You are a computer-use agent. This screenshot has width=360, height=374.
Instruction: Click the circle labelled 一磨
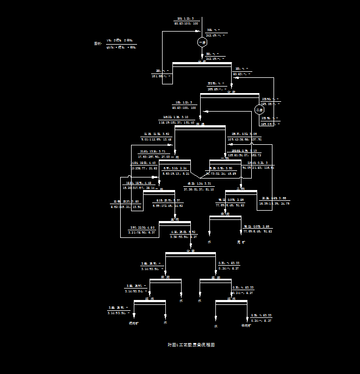(x=202, y=42)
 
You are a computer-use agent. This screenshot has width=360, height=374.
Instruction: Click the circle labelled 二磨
(x=260, y=109)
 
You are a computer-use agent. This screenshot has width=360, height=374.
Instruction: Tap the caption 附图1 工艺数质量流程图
(x=191, y=345)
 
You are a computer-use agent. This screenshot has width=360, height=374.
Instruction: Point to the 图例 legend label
(x=97, y=44)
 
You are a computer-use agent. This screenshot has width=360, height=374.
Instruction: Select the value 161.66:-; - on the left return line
(x=162, y=76)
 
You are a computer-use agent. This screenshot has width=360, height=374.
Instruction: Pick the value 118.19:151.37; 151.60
(x=177, y=122)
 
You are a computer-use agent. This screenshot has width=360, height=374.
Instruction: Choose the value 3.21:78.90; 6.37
(x=142, y=232)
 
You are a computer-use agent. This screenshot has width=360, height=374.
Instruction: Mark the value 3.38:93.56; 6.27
(x=183, y=237)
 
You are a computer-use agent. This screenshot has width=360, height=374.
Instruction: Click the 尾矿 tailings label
(x=241, y=241)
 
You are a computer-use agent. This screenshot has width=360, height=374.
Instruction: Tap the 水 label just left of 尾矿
(x=209, y=241)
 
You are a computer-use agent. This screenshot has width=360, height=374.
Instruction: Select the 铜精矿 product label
(x=134, y=323)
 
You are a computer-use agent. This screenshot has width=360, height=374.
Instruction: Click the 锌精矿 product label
(x=247, y=326)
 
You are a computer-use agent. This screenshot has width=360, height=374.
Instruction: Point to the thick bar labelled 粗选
(x=200, y=126)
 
